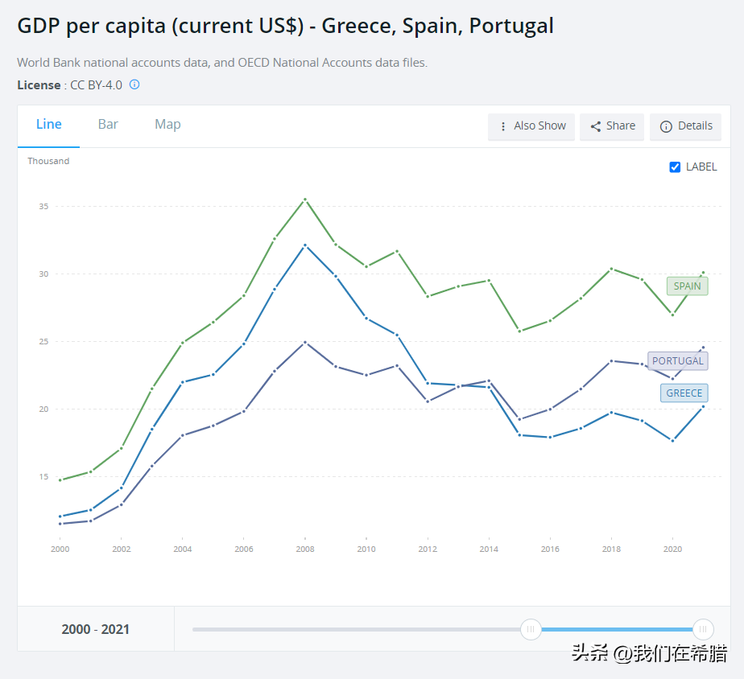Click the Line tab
pyautogui.click(x=49, y=124)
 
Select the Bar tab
pyautogui.click(x=108, y=124)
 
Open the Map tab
pyautogui.click(x=167, y=124)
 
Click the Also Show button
pyautogui.click(x=531, y=126)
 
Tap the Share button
pyautogui.click(x=612, y=126)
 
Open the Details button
pyautogui.click(x=686, y=126)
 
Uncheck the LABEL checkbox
pyautogui.click(x=675, y=167)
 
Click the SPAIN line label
pyautogui.click(x=687, y=286)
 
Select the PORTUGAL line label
pyautogui.click(x=677, y=360)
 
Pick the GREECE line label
pyautogui.click(x=684, y=393)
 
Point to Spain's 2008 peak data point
pyautogui.click(x=304, y=199)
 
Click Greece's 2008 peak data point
pyautogui.click(x=304, y=245)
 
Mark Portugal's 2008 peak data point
pyautogui.click(x=304, y=342)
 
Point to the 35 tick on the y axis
pyautogui.click(x=43, y=207)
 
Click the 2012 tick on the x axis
pyautogui.click(x=428, y=549)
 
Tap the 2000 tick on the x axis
pyautogui.click(x=60, y=549)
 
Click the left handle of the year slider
pyautogui.click(x=531, y=629)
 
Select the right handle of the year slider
pyautogui.click(x=703, y=629)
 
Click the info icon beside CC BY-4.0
pyautogui.click(x=134, y=84)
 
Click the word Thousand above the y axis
pyautogui.click(x=48, y=161)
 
